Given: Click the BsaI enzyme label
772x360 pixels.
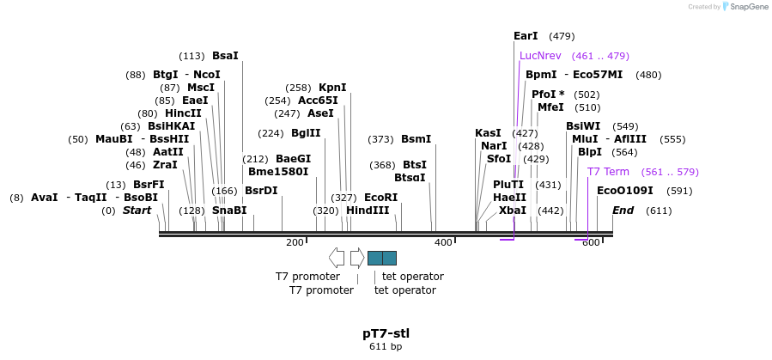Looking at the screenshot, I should pos(225,57).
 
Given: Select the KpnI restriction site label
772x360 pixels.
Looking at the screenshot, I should pos(332,88).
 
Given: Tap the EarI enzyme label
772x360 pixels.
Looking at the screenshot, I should pos(525,36).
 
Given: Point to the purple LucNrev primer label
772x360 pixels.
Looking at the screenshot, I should pos(540,56).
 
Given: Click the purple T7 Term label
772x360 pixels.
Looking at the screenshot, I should pos(608,172).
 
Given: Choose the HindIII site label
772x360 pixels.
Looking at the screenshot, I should pos(368,211).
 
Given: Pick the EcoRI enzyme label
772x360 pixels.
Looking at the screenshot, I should pos(380,198).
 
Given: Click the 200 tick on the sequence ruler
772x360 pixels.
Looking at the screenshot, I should pos(295,243).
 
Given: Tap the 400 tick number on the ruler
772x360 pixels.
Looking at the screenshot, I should pos(443,243).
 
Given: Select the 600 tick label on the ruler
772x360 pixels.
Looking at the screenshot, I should pos(591,243).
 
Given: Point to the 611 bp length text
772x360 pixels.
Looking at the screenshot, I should pos(386,347).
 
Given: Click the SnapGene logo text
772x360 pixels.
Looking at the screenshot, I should pos(746,7).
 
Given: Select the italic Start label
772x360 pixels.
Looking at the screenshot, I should pos(137,211).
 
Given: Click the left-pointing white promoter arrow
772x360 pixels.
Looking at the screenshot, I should pos(337,258).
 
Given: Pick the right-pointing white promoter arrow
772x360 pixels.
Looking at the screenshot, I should pos(357,258).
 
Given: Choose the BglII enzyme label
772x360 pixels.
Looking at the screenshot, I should pos(306,133).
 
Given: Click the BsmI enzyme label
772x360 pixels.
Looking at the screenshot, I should pos(416,139).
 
